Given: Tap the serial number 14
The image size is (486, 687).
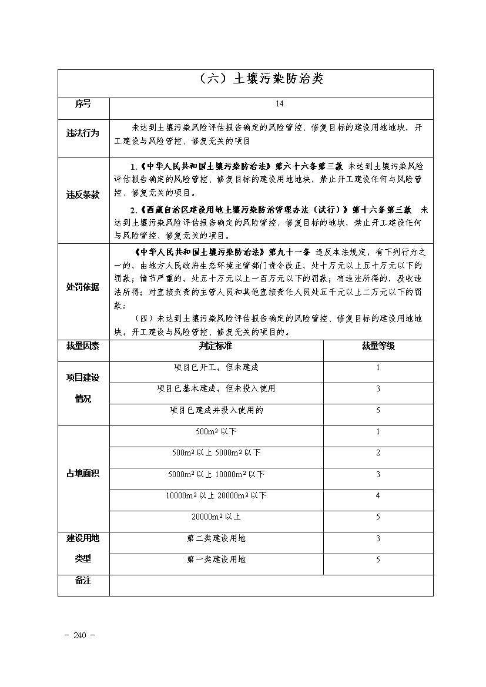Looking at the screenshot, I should [x=279, y=104].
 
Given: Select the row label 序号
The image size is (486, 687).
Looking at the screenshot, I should [x=83, y=104].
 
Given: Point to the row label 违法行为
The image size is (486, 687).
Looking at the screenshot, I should [x=83, y=133].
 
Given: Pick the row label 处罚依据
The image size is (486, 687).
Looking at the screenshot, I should [x=83, y=287].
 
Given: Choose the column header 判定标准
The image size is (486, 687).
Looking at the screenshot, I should [x=216, y=346].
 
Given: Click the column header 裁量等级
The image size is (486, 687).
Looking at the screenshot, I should [x=378, y=346].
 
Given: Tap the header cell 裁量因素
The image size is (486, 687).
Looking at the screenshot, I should [x=83, y=346].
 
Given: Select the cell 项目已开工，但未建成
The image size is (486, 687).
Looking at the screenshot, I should [x=216, y=367].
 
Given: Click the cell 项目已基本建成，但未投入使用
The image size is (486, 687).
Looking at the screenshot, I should [x=216, y=388].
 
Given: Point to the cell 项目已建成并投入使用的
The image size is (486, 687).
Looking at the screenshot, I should [x=216, y=410].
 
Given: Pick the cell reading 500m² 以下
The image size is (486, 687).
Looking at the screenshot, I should [x=216, y=431].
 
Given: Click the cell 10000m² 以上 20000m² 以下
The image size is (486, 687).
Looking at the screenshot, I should [x=216, y=495].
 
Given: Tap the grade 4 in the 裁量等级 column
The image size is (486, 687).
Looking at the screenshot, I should [x=378, y=495].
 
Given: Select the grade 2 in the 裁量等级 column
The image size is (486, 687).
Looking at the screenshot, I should [x=378, y=453].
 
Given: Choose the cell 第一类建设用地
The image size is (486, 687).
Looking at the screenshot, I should [x=216, y=559].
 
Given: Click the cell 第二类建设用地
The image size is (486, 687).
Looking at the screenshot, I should [x=216, y=538].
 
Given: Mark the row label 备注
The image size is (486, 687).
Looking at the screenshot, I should [x=83, y=581].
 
